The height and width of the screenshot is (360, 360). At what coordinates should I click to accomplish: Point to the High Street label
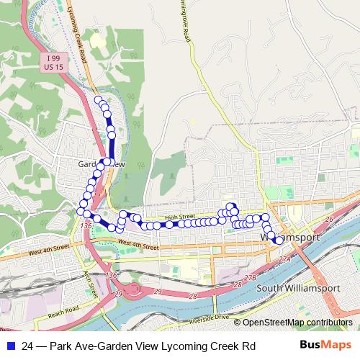coord(179,216)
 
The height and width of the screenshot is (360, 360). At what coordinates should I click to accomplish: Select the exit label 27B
coord(250,276)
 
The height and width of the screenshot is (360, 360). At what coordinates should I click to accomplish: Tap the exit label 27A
coord(286,258)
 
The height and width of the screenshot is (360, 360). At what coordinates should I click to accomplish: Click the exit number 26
coord(330,219)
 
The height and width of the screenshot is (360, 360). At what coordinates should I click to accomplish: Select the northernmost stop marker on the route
coord(98,99)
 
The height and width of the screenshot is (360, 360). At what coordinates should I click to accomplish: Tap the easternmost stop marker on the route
coord(279,240)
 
